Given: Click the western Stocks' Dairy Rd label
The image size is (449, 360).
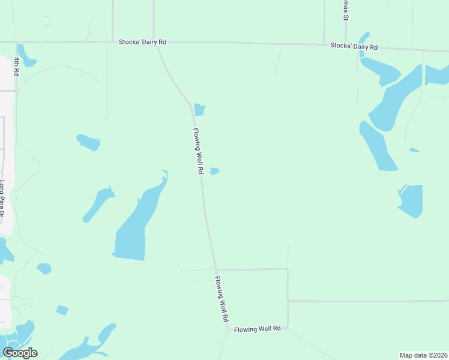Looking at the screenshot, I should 142,42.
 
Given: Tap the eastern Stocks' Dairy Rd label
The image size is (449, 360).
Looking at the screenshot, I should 354,46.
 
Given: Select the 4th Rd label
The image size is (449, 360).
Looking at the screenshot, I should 16,67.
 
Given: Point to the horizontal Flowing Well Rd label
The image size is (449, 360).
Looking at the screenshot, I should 258,329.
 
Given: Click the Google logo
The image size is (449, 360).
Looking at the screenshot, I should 20,353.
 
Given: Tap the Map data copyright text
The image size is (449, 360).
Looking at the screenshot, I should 424,355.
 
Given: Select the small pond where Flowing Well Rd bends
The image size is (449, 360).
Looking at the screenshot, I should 200,110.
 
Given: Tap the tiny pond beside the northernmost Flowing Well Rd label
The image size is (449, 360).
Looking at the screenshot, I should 214,172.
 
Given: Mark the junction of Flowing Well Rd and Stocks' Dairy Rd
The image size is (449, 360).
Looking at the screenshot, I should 158,42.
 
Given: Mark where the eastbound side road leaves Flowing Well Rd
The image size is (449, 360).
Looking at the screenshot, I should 215,269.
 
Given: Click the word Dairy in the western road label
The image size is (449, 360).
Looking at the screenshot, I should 150,42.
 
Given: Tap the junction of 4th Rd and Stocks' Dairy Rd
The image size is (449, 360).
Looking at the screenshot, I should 16,42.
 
